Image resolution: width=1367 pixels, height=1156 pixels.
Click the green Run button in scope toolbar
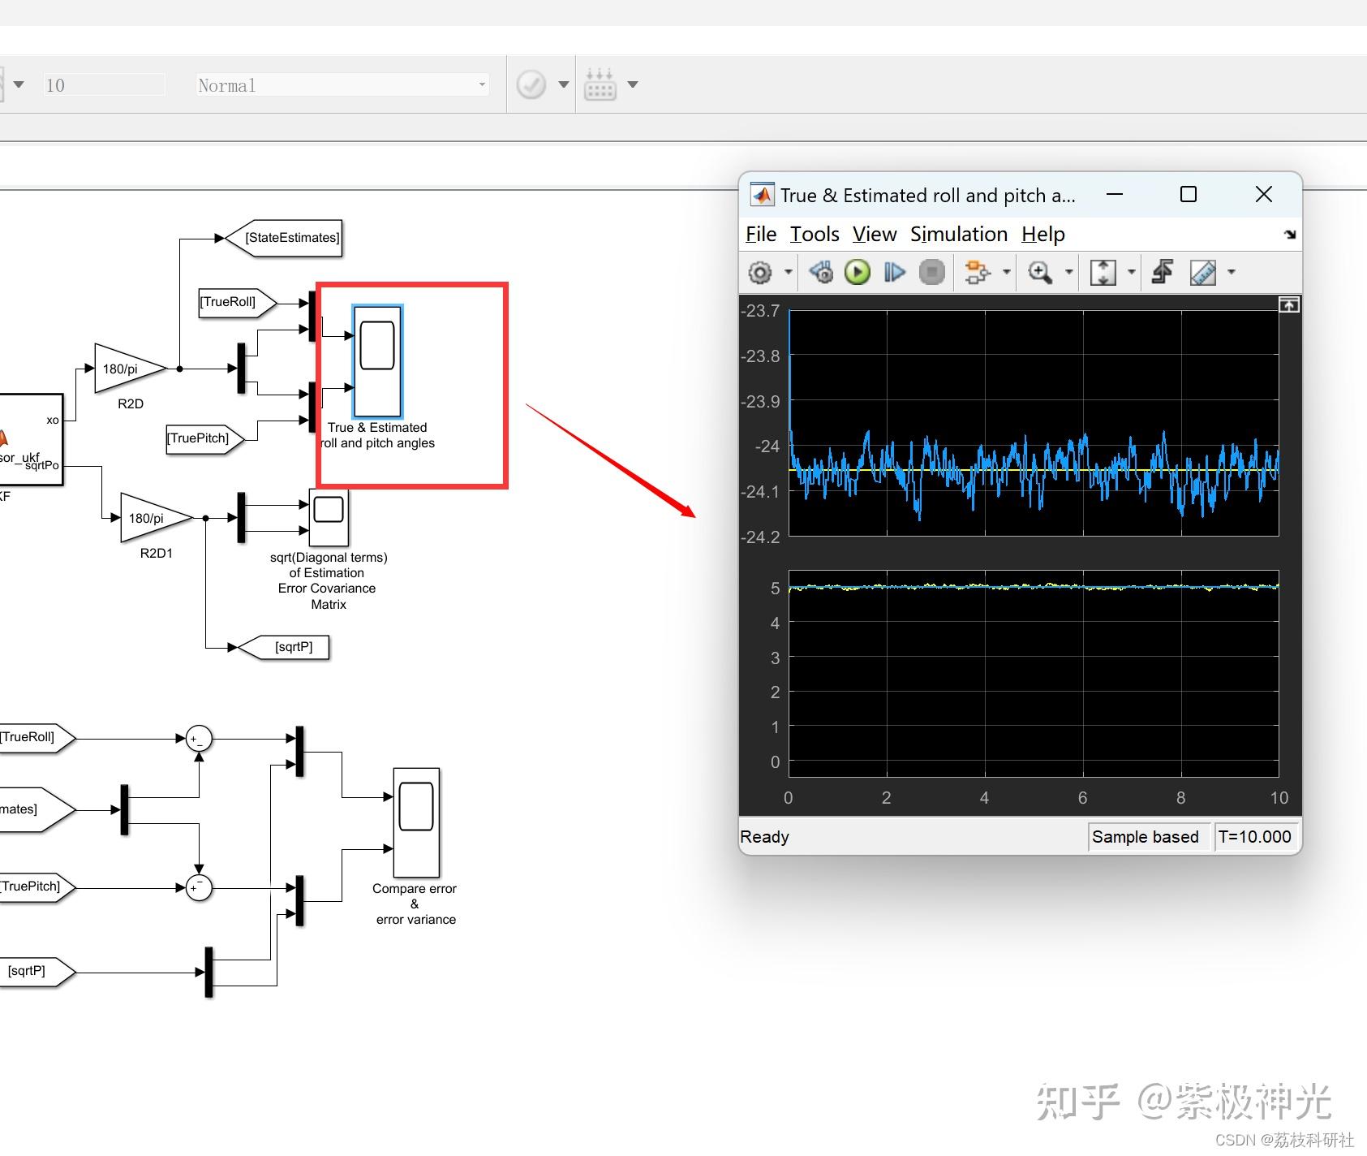point(857,272)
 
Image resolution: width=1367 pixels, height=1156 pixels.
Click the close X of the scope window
point(1263,194)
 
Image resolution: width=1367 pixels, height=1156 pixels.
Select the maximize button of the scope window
point(1189,194)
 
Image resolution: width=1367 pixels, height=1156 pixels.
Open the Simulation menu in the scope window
point(959,235)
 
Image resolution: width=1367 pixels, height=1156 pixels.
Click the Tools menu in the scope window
point(815,235)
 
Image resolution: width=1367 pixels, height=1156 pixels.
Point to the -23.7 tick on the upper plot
point(760,311)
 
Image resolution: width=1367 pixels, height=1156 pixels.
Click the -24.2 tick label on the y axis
point(760,537)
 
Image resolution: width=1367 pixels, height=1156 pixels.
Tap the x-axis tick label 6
point(1082,798)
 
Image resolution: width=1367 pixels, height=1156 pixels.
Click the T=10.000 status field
point(1254,837)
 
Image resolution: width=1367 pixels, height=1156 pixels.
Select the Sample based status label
point(1146,837)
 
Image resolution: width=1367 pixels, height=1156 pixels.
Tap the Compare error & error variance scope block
point(416,822)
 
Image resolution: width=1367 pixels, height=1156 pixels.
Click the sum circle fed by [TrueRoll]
point(199,739)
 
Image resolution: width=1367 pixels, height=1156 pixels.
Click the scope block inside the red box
point(377,361)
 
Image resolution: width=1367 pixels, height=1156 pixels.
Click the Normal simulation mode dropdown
point(342,84)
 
